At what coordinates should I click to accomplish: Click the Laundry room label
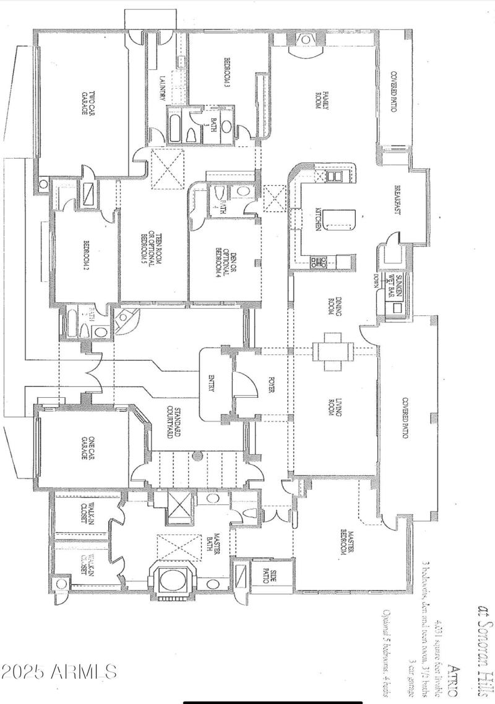click(163, 89)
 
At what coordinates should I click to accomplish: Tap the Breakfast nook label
click(399, 201)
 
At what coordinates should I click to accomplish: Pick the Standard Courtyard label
click(171, 422)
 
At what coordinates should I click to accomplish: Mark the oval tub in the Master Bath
click(172, 581)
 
